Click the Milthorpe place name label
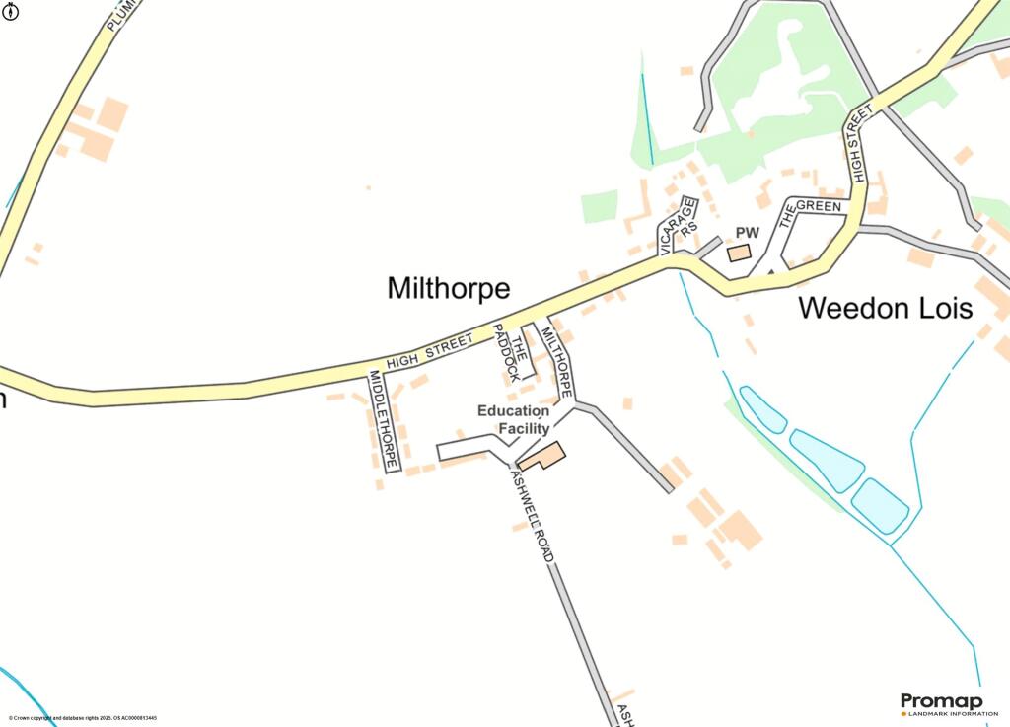tap(449, 288)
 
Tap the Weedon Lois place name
tap(885, 308)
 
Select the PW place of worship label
tap(748, 233)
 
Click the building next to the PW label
tap(738, 254)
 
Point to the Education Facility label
tap(514, 419)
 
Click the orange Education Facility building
tap(541, 457)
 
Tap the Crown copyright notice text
tap(83, 718)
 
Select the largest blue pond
tap(827, 460)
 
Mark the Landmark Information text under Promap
tap(945, 714)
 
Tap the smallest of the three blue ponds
tap(762, 408)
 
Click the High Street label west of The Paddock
tap(431, 351)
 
